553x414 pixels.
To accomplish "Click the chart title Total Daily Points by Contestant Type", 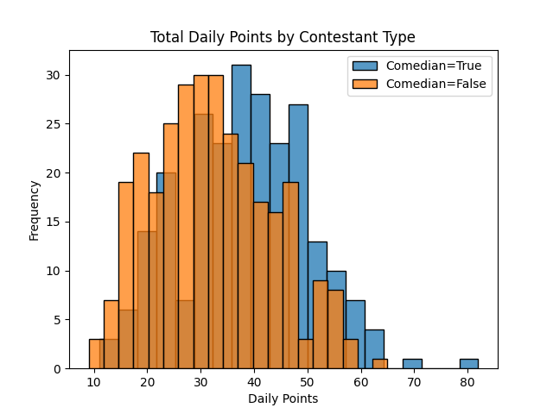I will click(283, 37).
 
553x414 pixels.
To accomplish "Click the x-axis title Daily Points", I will click(283, 398).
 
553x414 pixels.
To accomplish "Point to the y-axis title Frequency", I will click(35, 210).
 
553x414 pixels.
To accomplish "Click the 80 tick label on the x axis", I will click(468, 380).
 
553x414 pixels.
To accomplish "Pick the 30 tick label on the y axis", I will click(54, 75).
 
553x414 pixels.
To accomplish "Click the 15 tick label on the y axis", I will click(54, 222).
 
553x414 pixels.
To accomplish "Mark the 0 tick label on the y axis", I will click(57, 368).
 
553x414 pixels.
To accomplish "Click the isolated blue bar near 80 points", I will click(468, 363).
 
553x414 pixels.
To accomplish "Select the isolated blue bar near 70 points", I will click(412, 363).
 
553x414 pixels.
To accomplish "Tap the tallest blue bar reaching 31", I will click(241, 216).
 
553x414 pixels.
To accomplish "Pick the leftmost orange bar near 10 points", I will click(96, 354).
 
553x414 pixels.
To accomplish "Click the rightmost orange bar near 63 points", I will click(379, 363).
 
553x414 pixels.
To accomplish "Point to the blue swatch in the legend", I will click(365, 66).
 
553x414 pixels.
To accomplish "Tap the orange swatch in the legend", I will click(365, 84).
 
